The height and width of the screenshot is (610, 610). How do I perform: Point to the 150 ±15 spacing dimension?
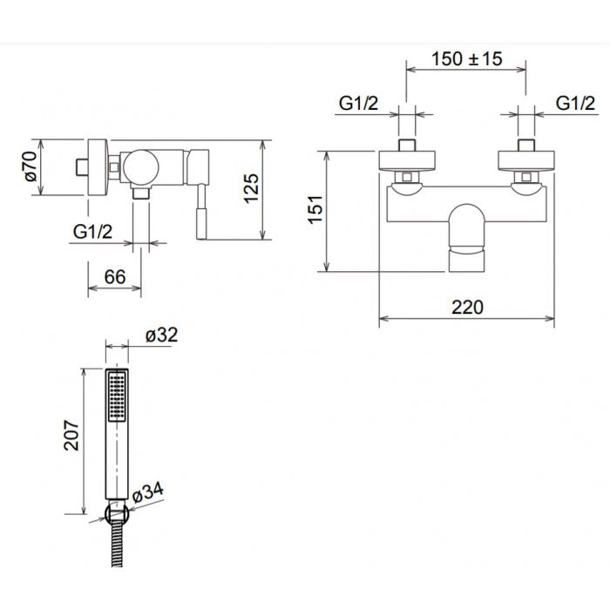[466, 59]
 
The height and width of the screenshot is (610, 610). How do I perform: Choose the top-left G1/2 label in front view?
[358, 104]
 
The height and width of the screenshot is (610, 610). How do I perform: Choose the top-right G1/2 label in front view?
[576, 104]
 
